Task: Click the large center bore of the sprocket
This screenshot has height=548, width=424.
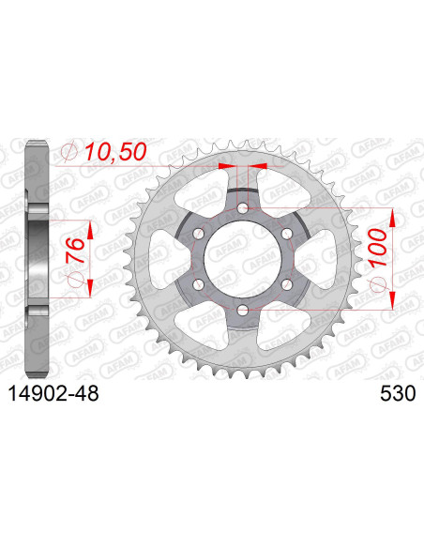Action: coord(242,256)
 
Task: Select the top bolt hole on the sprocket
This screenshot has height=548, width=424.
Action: coord(242,207)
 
